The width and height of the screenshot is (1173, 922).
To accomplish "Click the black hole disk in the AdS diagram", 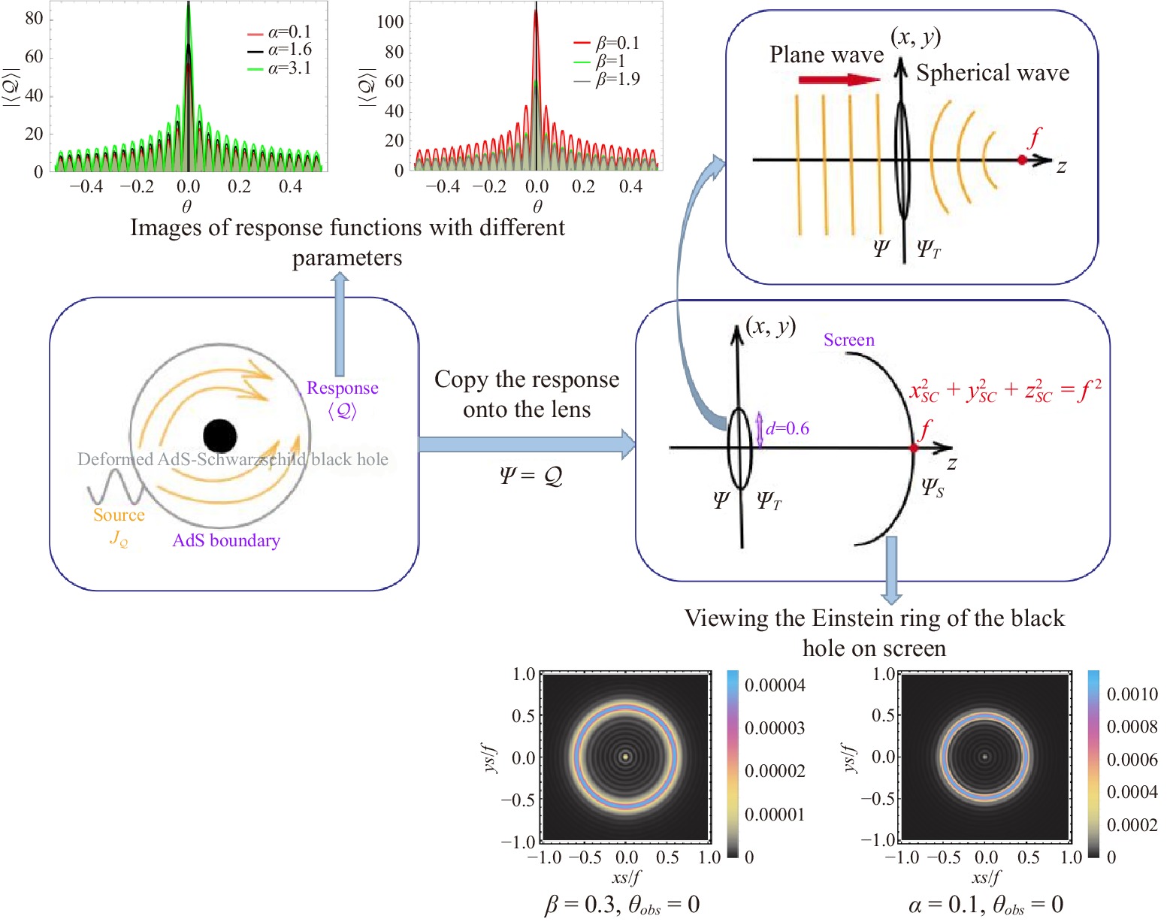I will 219,436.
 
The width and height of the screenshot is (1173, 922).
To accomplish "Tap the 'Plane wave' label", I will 826,55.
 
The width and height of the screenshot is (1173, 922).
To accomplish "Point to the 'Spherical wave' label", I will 992,73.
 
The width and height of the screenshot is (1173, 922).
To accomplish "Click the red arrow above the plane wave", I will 839,79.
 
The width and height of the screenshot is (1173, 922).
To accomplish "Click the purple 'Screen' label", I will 848,340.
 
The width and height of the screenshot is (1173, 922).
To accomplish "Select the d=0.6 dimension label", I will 787,428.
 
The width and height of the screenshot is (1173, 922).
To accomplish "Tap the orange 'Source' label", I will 119,515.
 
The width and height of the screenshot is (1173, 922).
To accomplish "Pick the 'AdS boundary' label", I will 225,540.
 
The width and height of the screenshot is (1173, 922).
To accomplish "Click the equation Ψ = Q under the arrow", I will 531,475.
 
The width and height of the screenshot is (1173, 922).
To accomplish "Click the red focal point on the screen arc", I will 914,448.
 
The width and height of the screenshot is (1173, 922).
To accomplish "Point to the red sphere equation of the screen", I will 1005,390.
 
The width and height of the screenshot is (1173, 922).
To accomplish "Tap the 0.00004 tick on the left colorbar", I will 774,685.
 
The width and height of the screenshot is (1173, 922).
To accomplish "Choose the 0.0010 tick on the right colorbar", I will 1132,694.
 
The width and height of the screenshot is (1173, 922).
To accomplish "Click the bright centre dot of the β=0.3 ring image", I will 625,757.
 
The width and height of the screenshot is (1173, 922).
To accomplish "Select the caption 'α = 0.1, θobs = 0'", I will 985,905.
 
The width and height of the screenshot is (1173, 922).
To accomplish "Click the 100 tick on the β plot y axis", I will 390,22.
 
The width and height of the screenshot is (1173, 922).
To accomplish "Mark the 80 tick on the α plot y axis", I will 34,18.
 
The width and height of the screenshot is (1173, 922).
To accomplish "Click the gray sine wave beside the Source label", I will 114,487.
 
